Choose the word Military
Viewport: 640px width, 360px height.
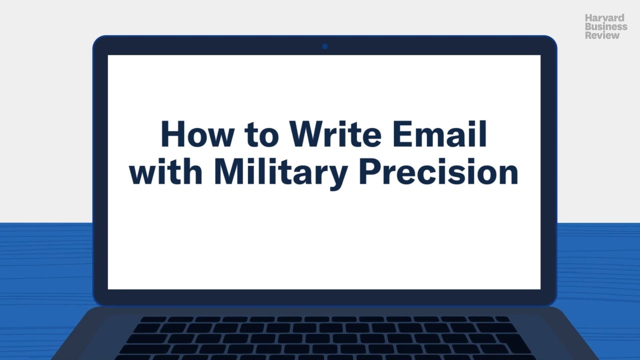coord(280,172)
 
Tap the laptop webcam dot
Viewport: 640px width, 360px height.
coord(324,46)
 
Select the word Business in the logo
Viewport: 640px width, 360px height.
coord(606,27)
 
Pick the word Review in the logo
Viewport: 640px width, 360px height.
coord(602,35)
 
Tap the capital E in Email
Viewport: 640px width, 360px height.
coord(403,134)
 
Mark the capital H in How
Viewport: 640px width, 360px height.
coord(172,134)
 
